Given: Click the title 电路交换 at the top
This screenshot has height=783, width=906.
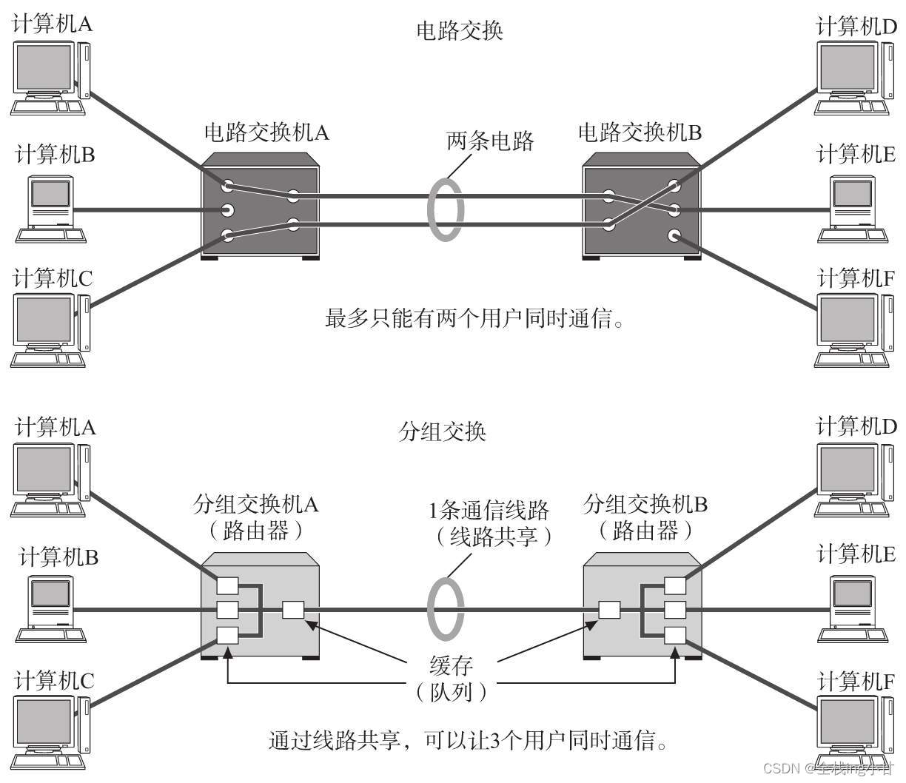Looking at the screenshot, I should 460,31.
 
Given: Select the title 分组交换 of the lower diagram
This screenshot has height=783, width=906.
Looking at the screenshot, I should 442,431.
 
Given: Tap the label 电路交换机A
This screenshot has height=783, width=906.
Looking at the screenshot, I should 266,132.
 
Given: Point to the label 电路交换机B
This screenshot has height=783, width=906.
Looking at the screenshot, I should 640,132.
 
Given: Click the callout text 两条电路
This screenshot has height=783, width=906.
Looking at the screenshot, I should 490,141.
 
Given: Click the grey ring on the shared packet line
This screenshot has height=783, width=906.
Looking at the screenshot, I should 446,610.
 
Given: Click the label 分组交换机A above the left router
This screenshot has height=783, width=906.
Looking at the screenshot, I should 255,505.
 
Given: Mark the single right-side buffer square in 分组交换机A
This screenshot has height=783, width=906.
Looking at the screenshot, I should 294,610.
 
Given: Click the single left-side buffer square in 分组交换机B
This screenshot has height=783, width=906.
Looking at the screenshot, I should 609,610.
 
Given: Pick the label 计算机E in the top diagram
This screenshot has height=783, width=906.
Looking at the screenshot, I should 856,154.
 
